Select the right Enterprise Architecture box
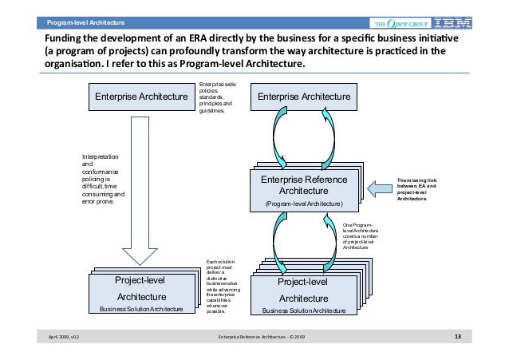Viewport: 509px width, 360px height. pyautogui.click(x=303, y=97)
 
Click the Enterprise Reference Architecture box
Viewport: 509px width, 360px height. pyautogui.click(x=303, y=190)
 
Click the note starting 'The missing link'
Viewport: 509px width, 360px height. pyautogui.click(x=422, y=189)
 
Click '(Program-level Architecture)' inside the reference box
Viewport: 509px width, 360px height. pyautogui.click(x=304, y=205)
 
